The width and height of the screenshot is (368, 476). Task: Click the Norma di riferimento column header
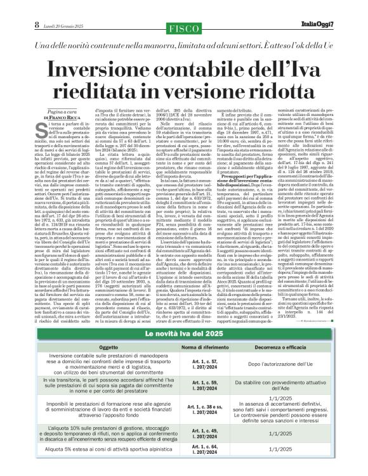click(x=204, y=348)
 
